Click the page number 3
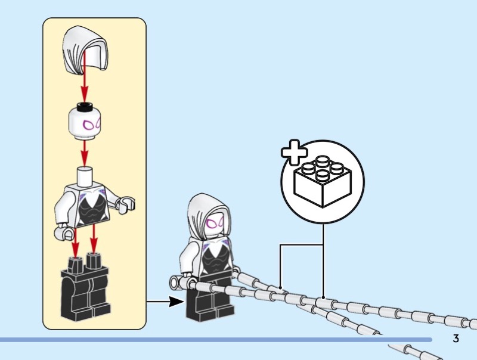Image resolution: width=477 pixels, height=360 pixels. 456,339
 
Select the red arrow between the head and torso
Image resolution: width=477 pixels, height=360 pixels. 85,152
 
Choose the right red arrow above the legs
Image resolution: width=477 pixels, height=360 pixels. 93,241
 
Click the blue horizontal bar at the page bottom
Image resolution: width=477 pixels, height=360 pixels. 215,339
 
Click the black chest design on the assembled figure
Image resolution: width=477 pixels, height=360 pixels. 213,257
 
